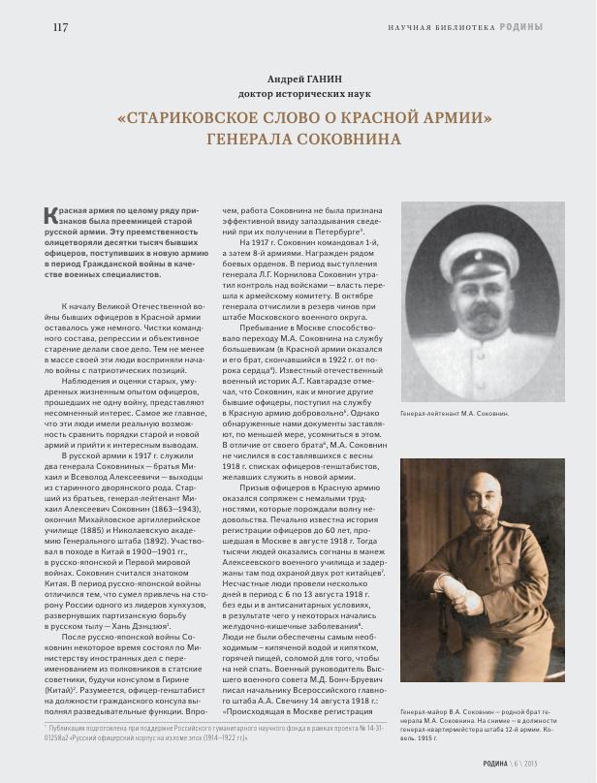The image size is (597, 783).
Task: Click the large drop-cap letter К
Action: pyautogui.click(x=52, y=216)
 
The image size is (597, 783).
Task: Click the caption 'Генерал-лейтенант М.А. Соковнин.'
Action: pyautogui.click(x=454, y=414)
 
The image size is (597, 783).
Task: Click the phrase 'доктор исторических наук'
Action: pyautogui.click(x=298, y=94)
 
